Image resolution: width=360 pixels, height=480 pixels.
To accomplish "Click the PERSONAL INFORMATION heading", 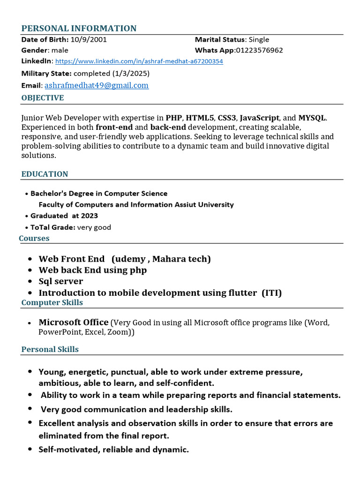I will (x=79, y=29).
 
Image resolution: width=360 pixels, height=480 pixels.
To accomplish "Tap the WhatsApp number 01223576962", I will (x=259, y=50).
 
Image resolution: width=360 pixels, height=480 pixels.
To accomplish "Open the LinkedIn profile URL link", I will (x=139, y=61).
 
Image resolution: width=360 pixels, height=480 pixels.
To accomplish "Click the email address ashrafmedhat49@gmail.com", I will (x=97, y=85).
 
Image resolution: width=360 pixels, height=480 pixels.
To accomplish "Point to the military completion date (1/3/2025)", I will (x=131, y=74).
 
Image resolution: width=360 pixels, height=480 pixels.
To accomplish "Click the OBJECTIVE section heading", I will (x=43, y=98).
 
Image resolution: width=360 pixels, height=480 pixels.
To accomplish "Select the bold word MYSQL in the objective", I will (x=312, y=118).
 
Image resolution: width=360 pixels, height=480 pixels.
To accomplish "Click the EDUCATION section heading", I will (x=45, y=174).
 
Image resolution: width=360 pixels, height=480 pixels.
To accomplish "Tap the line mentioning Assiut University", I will (x=136, y=204).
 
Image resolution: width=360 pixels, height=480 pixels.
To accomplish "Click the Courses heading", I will (x=34, y=238).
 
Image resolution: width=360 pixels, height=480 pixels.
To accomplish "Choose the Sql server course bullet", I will (x=60, y=281).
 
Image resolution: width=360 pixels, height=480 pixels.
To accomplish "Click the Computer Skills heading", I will (x=52, y=302).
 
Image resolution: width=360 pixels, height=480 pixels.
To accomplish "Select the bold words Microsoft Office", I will (x=73, y=322).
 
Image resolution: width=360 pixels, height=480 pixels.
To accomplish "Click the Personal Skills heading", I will (x=50, y=349).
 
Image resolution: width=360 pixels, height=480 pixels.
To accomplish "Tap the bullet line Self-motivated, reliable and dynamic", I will (x=113, y=450).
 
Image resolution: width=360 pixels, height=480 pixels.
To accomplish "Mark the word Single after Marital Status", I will (x=259, y=39).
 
